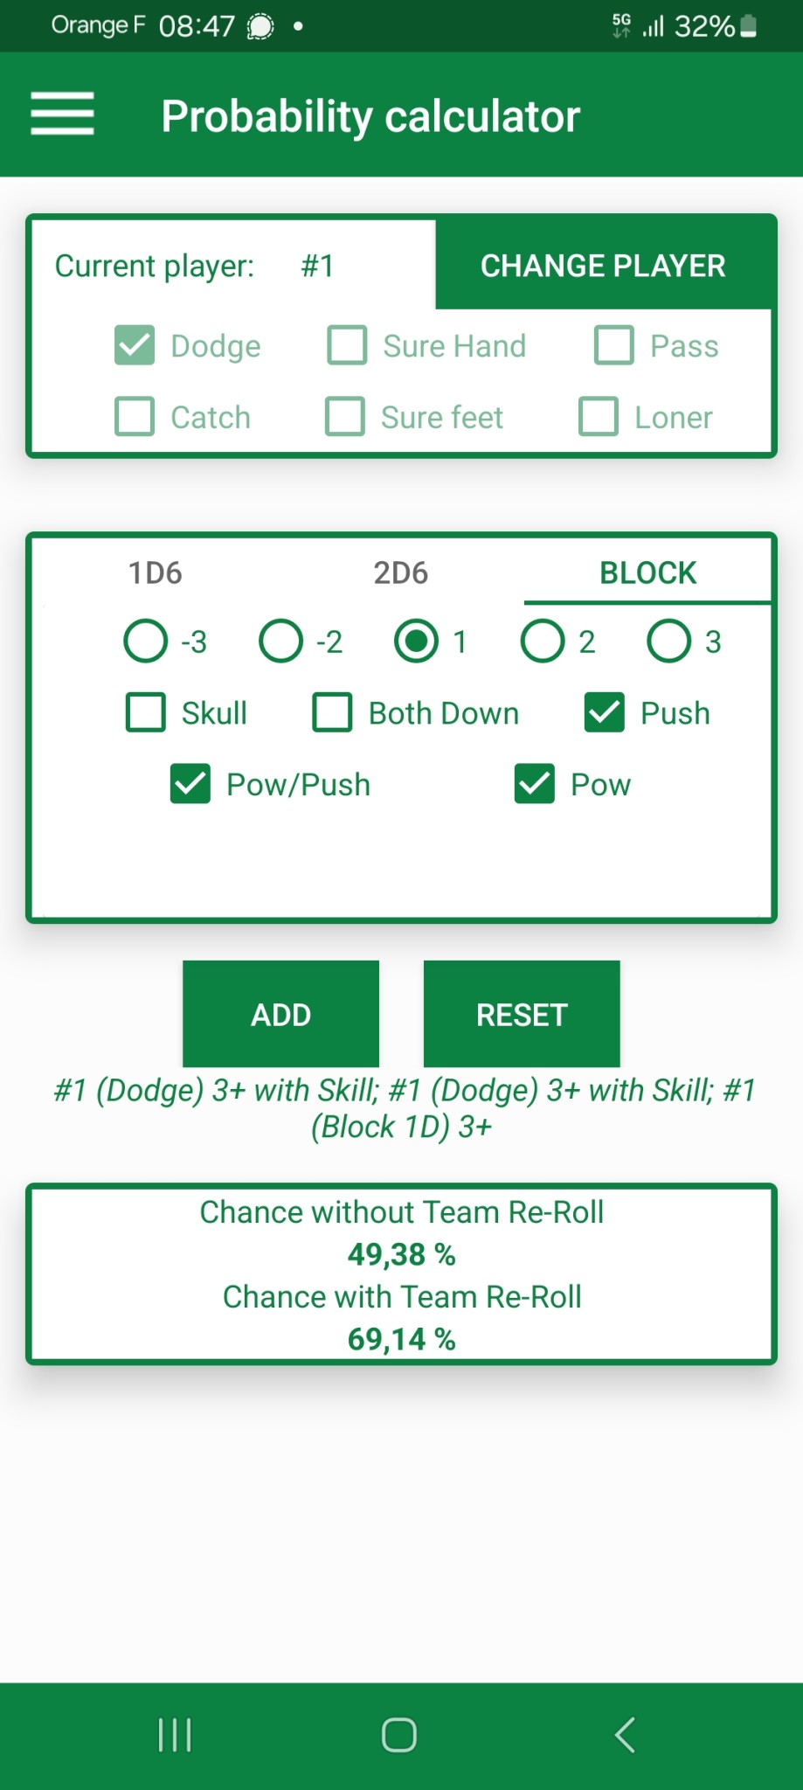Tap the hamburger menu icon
point(62,114)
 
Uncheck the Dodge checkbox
point(135,345)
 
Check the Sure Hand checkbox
point(347,345)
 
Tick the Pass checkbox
point(614,345)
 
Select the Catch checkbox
point(135,417)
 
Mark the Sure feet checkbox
point(345,417)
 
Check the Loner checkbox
point(599,417)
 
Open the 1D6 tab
point(156,572)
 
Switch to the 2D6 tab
point(401,572)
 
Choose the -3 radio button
point(146,642)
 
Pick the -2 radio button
point(281,642)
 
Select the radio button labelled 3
point(669,642)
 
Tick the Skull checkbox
point(146,712)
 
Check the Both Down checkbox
point(333,712)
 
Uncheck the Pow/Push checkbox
point(190,784)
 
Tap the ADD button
point(280,1014)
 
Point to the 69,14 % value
point(402,1339)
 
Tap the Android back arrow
point(625,1735)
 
